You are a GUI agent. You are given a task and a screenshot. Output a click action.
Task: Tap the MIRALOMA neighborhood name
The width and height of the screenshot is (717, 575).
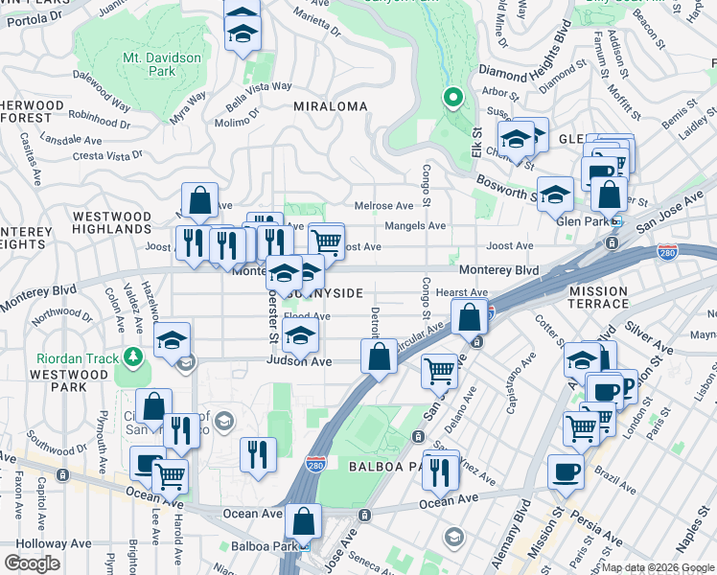330,106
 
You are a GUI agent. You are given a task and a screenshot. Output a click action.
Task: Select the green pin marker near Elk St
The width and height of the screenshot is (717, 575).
453,98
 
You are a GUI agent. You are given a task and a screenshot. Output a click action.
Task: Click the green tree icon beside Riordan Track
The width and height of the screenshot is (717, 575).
132,358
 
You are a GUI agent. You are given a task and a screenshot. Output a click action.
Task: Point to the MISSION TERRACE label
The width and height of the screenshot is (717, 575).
612,297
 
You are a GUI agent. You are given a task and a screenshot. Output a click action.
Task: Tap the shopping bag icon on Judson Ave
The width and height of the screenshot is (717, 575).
380,356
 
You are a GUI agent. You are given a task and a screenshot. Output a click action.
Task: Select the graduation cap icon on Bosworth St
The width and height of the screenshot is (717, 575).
555,195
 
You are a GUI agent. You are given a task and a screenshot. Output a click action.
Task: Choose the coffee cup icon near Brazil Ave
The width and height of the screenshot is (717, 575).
565,471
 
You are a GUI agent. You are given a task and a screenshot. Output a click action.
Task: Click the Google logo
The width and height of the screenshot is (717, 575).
32,563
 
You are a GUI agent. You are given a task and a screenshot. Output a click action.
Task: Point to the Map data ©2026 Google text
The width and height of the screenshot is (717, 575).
658,567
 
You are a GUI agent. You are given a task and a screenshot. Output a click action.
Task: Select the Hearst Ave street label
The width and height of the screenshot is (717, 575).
462,292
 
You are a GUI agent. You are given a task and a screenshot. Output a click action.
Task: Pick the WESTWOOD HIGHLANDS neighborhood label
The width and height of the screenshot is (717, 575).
112,223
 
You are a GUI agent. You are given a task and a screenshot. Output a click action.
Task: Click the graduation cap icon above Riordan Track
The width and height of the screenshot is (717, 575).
173,340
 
